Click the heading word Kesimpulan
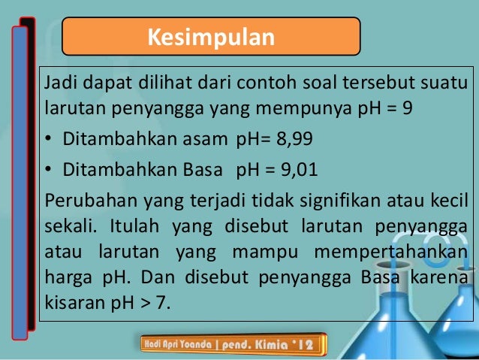point(210,37)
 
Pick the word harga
point(66,278)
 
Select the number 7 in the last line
point(164,304)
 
